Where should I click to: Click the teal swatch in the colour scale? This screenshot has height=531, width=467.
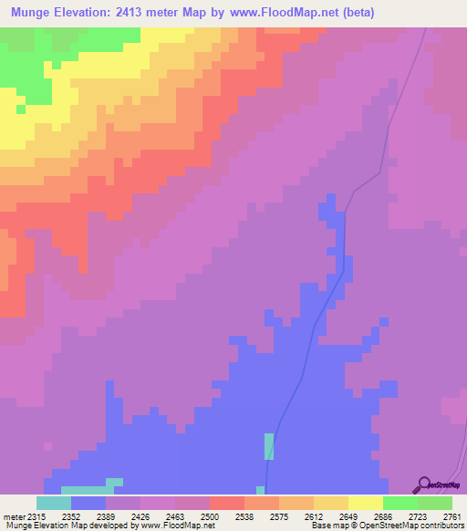tap(54, 503)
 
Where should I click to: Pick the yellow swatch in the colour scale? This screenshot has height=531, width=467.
tap(366, 503)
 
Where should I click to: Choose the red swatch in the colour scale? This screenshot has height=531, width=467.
tap(227, 503)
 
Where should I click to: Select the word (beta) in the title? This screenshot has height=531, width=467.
tap(354, 13)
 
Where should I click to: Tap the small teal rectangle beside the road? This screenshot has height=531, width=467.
tap(269, 446)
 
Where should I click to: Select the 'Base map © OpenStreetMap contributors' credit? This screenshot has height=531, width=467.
tap(387, 526)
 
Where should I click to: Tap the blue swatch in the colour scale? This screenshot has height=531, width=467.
tap(88, 503)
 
